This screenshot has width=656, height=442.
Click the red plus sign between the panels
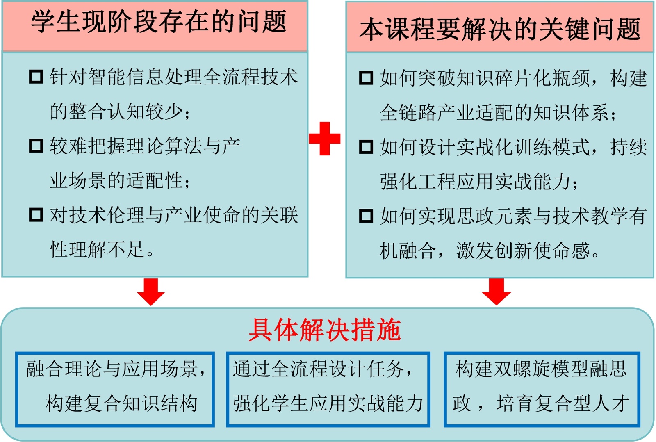(x=324, y=139)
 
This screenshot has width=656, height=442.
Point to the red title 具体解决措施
(x=324, y=330)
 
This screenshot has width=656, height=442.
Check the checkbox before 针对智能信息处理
(x=36, y=77)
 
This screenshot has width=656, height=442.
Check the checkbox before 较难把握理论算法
(x=36, y=146)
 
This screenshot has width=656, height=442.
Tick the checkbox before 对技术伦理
(x=36, y=214)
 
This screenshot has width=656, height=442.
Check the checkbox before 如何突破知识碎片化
(x=366, y=77)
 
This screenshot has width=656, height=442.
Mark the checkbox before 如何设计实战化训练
(x=366, y=146)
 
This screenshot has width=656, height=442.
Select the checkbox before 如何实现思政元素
(x=366, y=216)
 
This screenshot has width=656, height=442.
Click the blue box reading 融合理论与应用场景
(x=115, y=389)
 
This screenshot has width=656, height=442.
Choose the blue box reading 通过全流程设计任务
(x=328, y=389)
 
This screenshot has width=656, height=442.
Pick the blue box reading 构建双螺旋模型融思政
(x=542, y=389)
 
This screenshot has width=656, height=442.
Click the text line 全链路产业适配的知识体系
(x=498, y=113)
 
